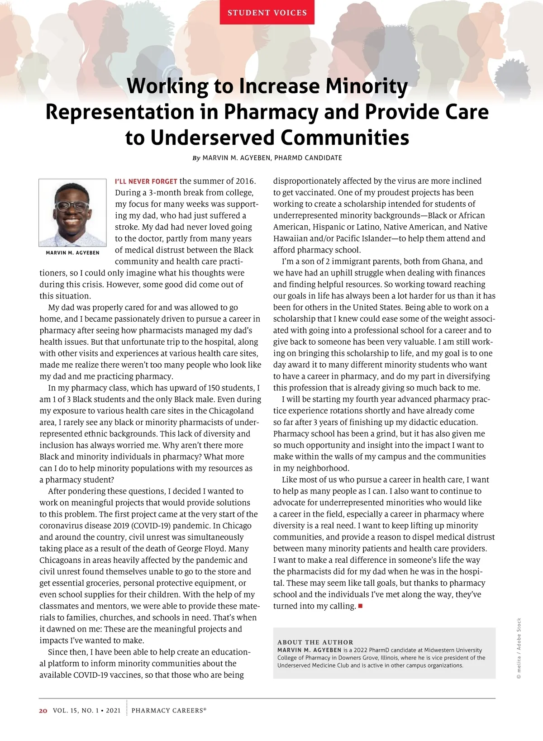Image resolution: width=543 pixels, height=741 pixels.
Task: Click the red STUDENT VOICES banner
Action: (x=267, y=13)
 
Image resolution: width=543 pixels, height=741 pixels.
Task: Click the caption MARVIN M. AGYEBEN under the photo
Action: (x=72, y=253)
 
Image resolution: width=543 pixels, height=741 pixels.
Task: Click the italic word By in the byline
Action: (x=196, y=158)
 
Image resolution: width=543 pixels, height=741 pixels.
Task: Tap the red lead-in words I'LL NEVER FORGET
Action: (x=146, y=181)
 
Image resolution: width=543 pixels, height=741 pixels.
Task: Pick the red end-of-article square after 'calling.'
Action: (x=361, y=606)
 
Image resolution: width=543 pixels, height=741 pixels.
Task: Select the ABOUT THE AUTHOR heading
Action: (x=315, y=642)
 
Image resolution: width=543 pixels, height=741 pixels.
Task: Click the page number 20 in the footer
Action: (x=43, y=711)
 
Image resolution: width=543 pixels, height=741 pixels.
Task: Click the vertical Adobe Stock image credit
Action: (x=519, y=648)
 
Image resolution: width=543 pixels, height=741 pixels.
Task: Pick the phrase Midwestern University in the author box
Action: (x=453, y=650)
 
